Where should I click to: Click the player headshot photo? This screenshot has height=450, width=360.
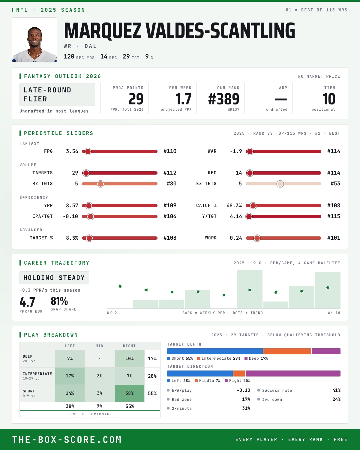tap(34, 40)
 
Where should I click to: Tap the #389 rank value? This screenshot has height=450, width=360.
tap(223, 99)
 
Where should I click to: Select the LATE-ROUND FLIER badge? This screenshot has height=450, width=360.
tap(57, 94)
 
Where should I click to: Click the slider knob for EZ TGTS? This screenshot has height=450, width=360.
tap(280, 184)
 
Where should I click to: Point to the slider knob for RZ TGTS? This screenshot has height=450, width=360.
tap(100, 184)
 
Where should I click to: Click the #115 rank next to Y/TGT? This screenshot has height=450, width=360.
tap(333, 216)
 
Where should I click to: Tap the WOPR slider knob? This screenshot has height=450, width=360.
tap(257, 238)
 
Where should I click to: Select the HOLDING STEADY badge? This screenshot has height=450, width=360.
tap(54, 278)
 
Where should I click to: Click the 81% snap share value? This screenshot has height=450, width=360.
tap(59, 301)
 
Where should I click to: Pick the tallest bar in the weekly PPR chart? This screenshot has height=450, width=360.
tap(250, 289)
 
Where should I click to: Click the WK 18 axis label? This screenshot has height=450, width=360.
tap(334, 313)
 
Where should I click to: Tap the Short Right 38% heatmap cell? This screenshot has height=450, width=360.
tap(130, 393)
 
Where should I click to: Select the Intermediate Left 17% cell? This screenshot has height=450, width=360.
tap(70, 376)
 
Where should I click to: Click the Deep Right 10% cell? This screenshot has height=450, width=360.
tap(130, 358)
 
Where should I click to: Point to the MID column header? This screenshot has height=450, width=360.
tap(99, 346)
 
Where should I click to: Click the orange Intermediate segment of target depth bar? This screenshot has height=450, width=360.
tap(287, 351)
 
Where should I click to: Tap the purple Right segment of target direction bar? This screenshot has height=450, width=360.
tap(293, 373)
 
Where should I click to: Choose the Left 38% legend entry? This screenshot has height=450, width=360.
tap(179, 381)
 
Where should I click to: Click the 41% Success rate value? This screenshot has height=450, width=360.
tap(336, 390)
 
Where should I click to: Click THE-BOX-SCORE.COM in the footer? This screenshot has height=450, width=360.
tap(67, 439)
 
